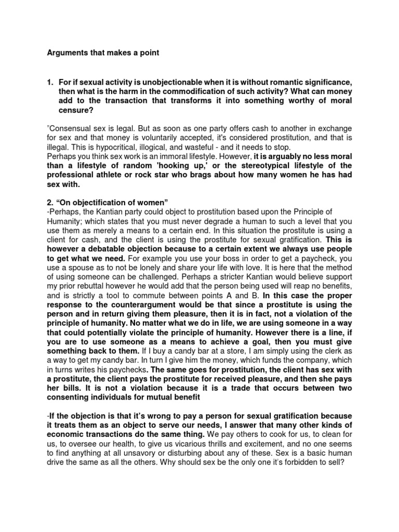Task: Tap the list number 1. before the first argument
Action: click(50, 82)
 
